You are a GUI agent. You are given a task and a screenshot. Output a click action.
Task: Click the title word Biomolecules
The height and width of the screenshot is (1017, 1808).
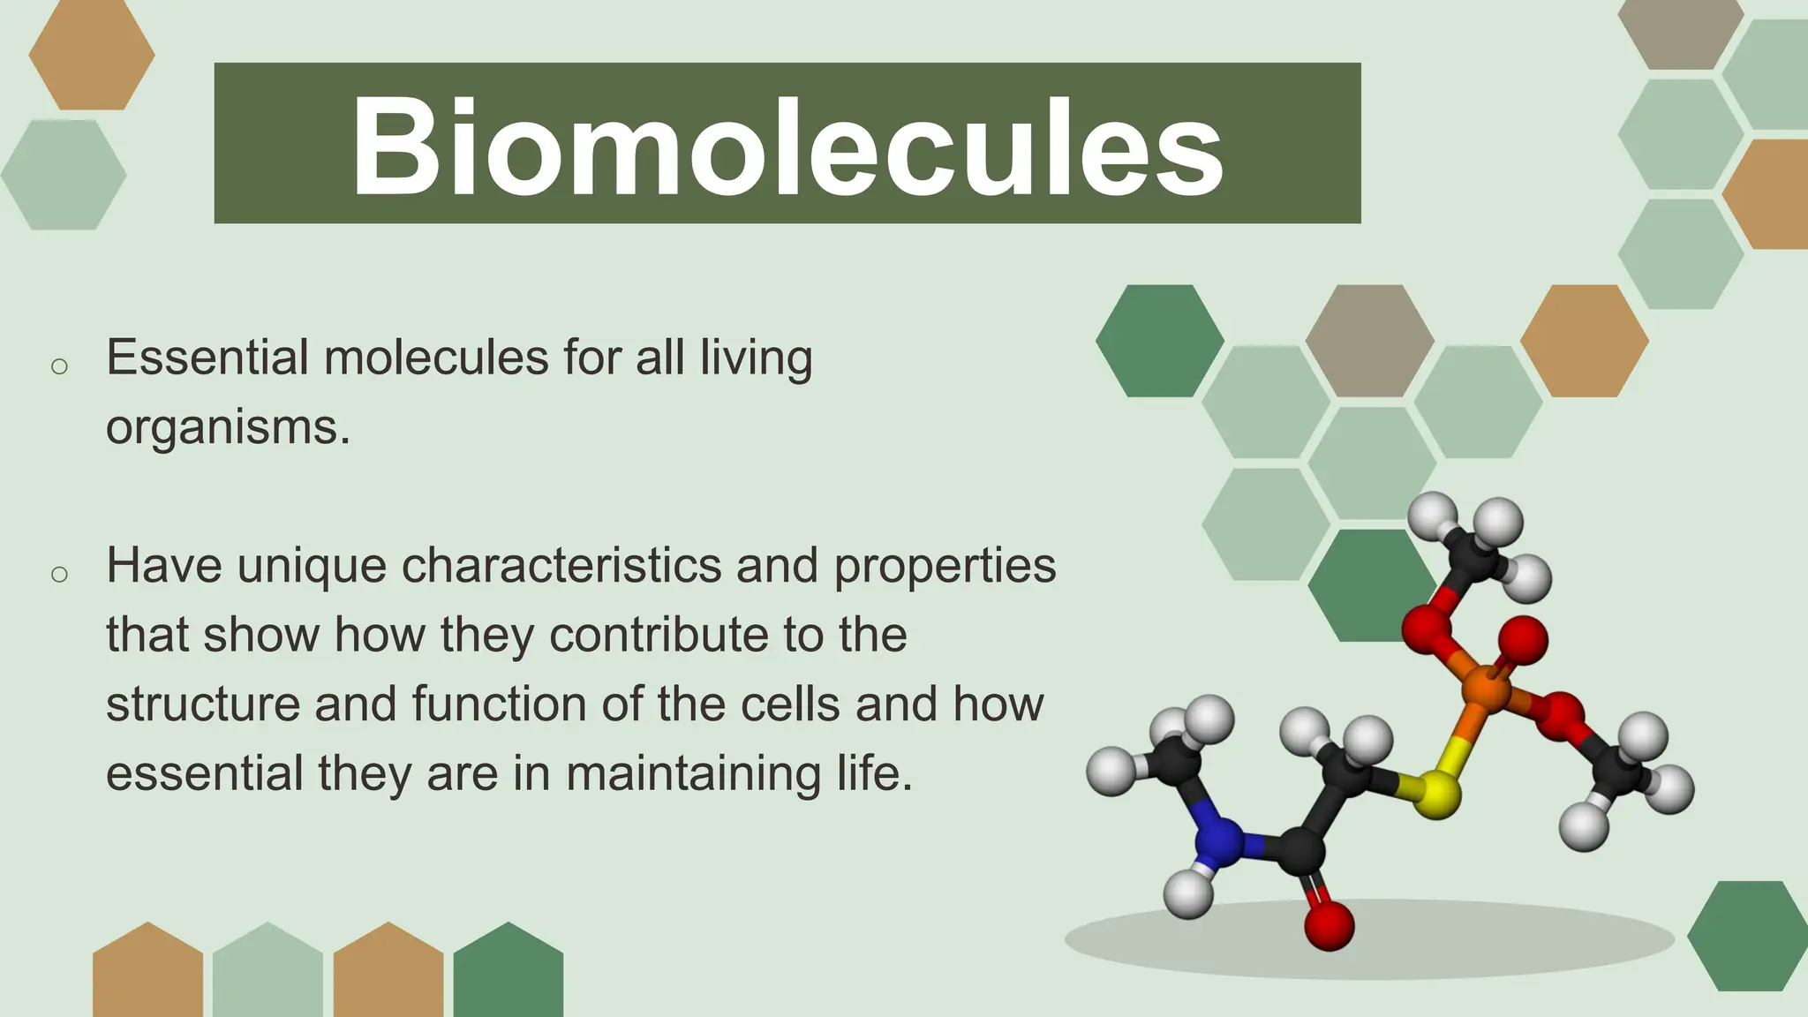tap(787, 146)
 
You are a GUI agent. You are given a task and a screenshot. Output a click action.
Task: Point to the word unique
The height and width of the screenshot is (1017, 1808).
tap(312, 565)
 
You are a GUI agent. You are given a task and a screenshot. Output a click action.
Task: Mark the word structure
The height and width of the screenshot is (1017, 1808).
tap(203, 704)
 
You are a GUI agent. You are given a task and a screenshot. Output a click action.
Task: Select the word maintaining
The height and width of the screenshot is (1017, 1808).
tap(693, 773)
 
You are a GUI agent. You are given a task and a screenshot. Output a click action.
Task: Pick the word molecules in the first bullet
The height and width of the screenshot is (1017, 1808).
tap(436, 358)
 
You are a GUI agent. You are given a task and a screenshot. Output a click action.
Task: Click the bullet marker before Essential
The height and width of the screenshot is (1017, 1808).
tap(59, 366)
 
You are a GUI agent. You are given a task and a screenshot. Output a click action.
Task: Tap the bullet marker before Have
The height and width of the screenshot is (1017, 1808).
tap(59, 575)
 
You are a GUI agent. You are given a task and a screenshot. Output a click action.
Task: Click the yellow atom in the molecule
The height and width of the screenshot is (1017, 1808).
tap(1435, 792)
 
